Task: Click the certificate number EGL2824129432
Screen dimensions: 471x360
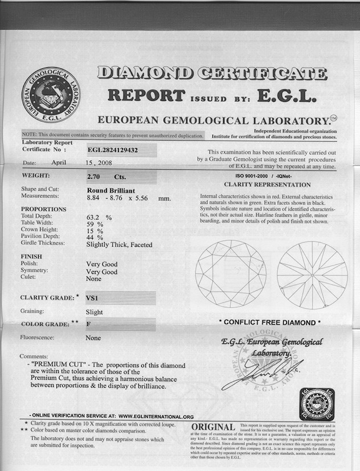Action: [x=113, y=150]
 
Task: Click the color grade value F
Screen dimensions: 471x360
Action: [x=88, y=323]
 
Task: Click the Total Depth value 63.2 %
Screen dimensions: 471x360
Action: [x=98, y=217]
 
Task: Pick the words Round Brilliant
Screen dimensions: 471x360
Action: [x=111, y=191]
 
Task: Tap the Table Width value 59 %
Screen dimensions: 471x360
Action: [x=95, y=224]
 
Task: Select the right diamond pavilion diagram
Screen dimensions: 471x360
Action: [x=312, y=275]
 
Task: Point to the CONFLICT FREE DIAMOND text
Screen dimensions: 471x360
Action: [x=271, y=322]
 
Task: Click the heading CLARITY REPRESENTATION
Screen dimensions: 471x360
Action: [x=267, y=185]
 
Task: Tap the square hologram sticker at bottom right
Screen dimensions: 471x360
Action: [x=317, y=404]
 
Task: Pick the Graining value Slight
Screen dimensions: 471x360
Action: [x=95, y=312]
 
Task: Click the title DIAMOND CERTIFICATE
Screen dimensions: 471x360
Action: [x=212, y=73]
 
